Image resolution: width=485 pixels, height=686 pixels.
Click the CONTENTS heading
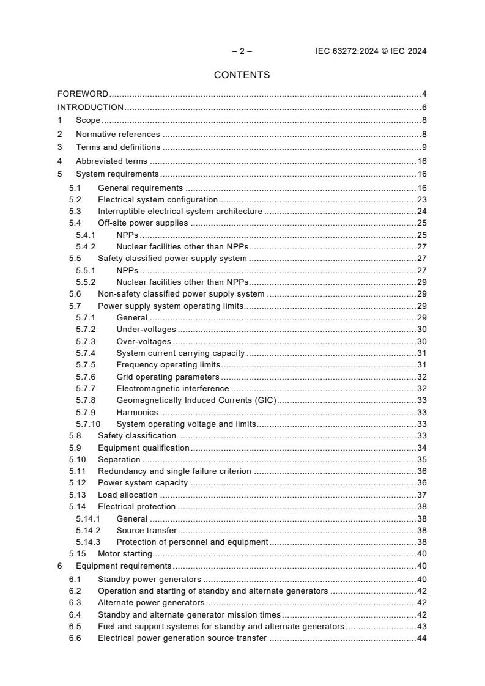[242, 75]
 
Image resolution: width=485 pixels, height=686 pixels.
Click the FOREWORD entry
[83, 94]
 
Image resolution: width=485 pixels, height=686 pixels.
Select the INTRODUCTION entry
[91, 108]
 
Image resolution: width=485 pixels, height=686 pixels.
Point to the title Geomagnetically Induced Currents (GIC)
[196, 400]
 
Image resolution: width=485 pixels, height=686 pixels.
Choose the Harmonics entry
[137, 413]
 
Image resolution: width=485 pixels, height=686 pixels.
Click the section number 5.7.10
[87, 424]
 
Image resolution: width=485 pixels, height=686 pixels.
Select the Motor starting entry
[125, 554]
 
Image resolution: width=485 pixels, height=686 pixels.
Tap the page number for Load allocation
[421, 495]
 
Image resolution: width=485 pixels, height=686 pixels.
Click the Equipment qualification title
[143, 448]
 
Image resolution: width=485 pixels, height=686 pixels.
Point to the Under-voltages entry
[146, 330]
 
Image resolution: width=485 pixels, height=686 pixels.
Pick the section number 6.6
[75, 638]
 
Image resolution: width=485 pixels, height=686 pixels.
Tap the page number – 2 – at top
[242, 51]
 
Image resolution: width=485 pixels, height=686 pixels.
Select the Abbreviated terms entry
[111, 161]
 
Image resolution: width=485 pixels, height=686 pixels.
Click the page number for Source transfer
[421, 531]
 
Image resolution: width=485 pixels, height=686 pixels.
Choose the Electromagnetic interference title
[172, 389]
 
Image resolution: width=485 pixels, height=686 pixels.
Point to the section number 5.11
[76, 471]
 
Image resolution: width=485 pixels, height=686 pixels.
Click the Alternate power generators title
[143, 603]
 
